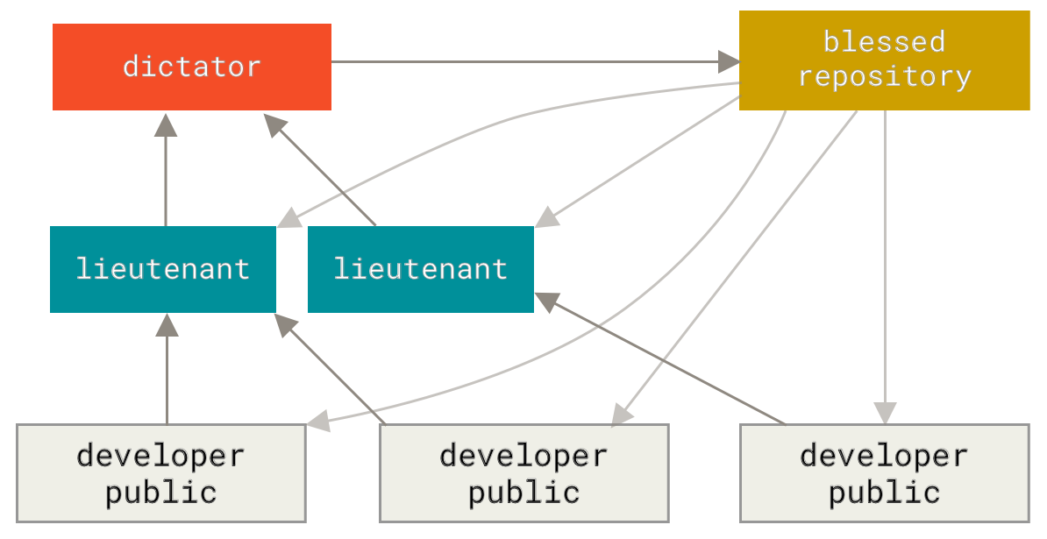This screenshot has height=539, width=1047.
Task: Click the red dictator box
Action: coord(191,67)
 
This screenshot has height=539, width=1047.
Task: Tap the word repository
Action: coord(884,76)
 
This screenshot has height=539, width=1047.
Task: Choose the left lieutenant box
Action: coord(163,268)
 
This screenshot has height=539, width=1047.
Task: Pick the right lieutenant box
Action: coord(420,268)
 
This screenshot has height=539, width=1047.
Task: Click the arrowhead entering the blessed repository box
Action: coord(729,61)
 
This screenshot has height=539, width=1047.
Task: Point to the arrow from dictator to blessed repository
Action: coord(526,61)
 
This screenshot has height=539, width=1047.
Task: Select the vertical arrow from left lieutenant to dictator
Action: coord(166,175)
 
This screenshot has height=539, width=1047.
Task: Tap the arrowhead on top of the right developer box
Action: coord(885,413)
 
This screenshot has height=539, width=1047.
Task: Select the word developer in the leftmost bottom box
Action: coord(160,456)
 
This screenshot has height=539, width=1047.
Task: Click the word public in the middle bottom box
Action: coord(523,492)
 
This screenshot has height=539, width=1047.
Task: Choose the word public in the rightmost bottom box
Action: coord(884,492)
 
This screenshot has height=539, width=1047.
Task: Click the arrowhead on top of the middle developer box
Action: coord(622,415)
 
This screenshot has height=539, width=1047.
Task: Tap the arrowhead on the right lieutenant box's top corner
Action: coord(547,217)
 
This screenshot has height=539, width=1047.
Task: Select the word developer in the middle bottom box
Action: coord(523,456)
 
